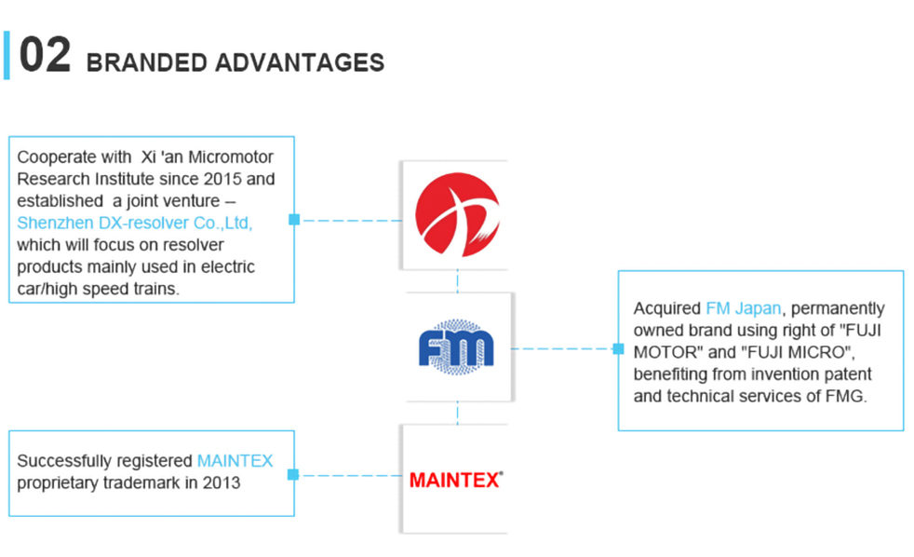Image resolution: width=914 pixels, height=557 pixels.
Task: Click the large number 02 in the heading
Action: [x=45, y=55]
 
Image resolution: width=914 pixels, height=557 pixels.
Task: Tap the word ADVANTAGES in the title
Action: [x=300, y=63]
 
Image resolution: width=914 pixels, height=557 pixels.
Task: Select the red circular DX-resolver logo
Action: [x=457, y=214]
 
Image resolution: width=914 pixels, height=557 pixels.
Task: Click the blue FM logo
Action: [x=456, y=347]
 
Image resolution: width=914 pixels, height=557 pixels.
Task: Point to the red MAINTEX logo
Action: [x=456, y=480]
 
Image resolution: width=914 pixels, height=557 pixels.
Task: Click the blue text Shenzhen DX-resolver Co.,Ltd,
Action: [x=135, y=223]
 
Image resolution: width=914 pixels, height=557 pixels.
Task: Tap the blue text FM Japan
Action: [x=744, y=308]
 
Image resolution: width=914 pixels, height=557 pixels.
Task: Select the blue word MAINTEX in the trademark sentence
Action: [x=235, y=461]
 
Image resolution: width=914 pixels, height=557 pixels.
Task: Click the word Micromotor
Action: [x=231, y=156]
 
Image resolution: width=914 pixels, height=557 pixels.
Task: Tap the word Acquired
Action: [x=666, y=308]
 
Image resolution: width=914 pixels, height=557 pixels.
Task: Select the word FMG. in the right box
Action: [x=846, y=396]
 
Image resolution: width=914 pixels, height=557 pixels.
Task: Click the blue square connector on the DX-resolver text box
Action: [x=294, y=219]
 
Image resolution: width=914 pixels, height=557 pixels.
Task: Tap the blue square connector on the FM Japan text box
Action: [x=618, y=348]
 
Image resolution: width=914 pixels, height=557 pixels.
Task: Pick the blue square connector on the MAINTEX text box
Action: [x=293, y=475]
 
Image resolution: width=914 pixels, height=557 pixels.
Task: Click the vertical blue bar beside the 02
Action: [x=7, y=55]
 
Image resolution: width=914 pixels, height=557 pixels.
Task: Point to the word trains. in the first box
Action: [x=159, y=289]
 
